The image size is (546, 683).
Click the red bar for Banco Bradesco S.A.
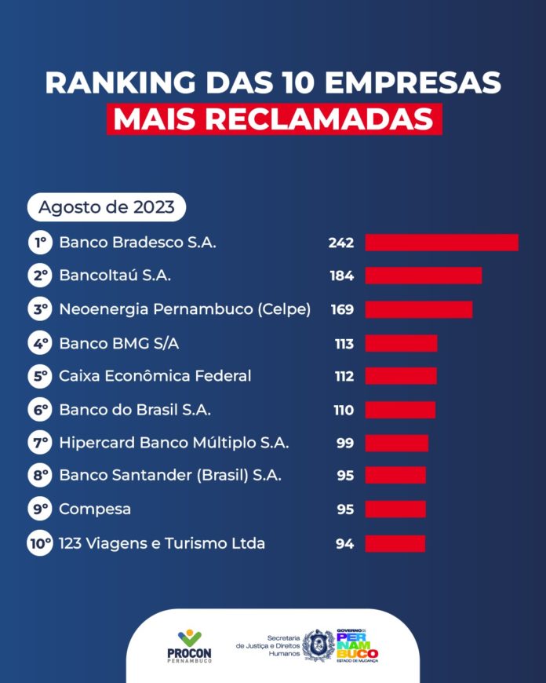[x=442, y=243]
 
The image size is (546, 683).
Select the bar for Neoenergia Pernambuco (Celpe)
[x=419, y=309]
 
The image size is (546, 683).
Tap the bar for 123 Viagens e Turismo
[x=395, y=543]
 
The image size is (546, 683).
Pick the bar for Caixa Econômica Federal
[x=401, y=376]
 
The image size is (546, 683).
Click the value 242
[x=341, y=243]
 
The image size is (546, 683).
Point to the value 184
[x=341, y=276]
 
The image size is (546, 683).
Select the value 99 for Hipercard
[x=344, y=444]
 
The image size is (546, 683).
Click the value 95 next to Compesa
[x=344, y=510]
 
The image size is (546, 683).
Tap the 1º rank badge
[x=40, y=243]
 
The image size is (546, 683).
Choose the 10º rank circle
[x=40, y=543]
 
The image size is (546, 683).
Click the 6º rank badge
[x=40, y=410]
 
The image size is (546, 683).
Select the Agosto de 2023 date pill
[x=107, y=208]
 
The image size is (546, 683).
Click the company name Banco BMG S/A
[x=124, y=343]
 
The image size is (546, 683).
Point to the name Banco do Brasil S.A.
[x=135, y=410]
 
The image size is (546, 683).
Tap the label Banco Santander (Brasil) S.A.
[x=170, y=476]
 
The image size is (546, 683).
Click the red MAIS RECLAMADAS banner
[x=274, y=119]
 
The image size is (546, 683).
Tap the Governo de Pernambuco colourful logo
[x=358, y=645]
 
